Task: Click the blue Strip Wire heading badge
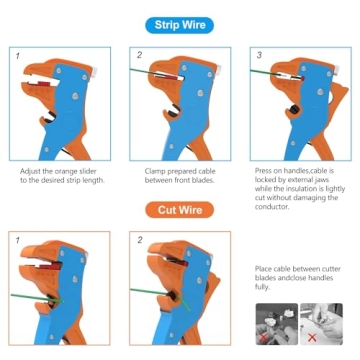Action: tap(180, 25)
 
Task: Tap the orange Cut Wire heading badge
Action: tap(180, 210)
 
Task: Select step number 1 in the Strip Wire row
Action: tap(17, 56)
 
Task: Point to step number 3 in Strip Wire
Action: tap(259, 55)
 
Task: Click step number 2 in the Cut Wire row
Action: tap(140, 240)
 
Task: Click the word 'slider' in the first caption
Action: tap(87, 172)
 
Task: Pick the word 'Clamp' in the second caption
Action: tap(154, 172)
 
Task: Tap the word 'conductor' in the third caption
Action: tap(272, 207)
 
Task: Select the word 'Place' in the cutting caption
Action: tap(263, 269)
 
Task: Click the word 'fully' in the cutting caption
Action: tap(262, 287)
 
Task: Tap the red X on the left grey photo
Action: tap(264, 338)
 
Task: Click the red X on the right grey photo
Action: tap(312, 338)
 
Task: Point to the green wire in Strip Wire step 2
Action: tap(141, 72)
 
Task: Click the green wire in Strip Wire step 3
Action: tap(261, 71)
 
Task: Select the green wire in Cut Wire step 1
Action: tap(37, 298)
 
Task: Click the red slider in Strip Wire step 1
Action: tap(45, 84)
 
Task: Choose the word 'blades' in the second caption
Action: tap(203, 181)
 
